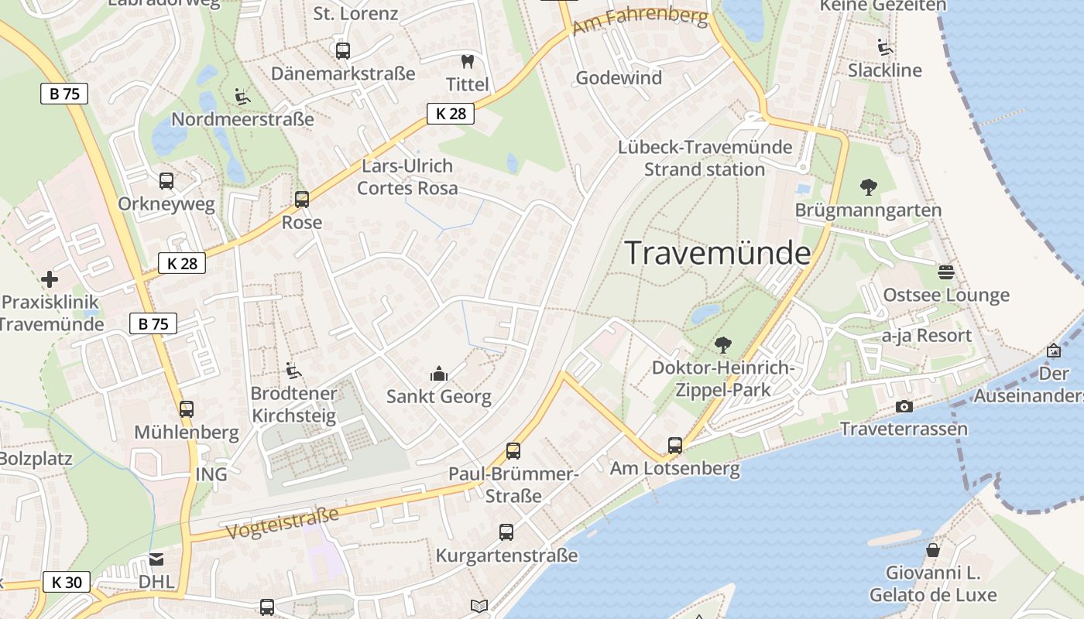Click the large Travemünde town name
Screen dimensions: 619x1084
click(717, 253)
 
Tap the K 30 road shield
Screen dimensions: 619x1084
click(66, 582)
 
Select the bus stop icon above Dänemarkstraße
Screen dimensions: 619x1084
click(342, 51)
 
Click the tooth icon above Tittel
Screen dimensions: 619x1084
click(467, 61)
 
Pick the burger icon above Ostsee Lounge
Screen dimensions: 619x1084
click(945, 272)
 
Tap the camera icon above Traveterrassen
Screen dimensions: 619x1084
click(904, 406)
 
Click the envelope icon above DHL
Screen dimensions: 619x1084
click(156, 559)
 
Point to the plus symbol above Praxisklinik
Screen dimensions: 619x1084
click(50, 279)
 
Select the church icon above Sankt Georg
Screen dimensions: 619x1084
click(439, 374)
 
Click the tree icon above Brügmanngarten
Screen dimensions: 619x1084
click(868, 186)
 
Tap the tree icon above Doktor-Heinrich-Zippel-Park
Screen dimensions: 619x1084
click(723, 344)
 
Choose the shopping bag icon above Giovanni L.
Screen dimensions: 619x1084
click(933, 550)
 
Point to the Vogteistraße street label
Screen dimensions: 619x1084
click(283, 524)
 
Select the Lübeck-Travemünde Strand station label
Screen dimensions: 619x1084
click(705, 158)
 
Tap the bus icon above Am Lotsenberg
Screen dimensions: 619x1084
click(674, 446)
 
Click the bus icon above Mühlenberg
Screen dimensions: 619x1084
click(187, 409)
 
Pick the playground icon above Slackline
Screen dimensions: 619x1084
click(885, 47)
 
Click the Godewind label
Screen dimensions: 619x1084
click(619, 78)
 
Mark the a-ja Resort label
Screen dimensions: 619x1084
click(927, 336)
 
